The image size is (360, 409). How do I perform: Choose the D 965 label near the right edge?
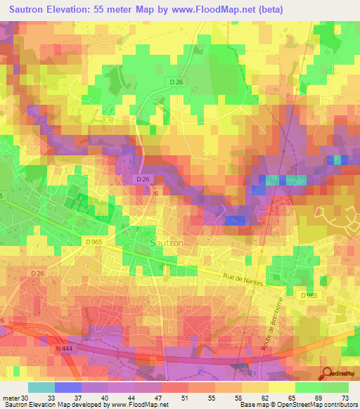tap(309, 296)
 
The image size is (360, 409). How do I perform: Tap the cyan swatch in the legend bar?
tap(41, 387)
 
